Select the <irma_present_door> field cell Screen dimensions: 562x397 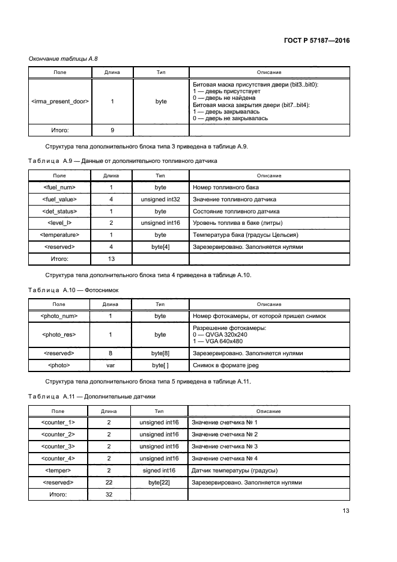click(59, 102)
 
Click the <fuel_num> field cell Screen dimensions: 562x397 click(59, 188)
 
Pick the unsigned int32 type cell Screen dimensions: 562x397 click(160, 200)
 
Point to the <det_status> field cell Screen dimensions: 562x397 click(59, 211)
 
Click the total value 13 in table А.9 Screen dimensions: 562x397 click(111, 258)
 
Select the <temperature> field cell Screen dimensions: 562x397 click(59, 234)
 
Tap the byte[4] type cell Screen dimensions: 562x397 click(160, 246)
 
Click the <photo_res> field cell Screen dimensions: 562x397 click(59, 334)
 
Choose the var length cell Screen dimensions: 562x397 click(111, 365)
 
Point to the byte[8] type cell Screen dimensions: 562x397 click(160, 353)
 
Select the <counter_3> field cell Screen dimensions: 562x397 click(58, 446)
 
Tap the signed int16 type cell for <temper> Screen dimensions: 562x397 click(159, 470)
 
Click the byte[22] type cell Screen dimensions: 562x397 click(159, 482)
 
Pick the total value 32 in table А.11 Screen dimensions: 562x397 click(109, 494)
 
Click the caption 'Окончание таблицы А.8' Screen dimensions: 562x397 click(63, 58)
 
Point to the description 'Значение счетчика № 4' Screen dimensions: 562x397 click(225, 458)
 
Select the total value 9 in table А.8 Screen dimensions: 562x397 click(112, 129)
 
